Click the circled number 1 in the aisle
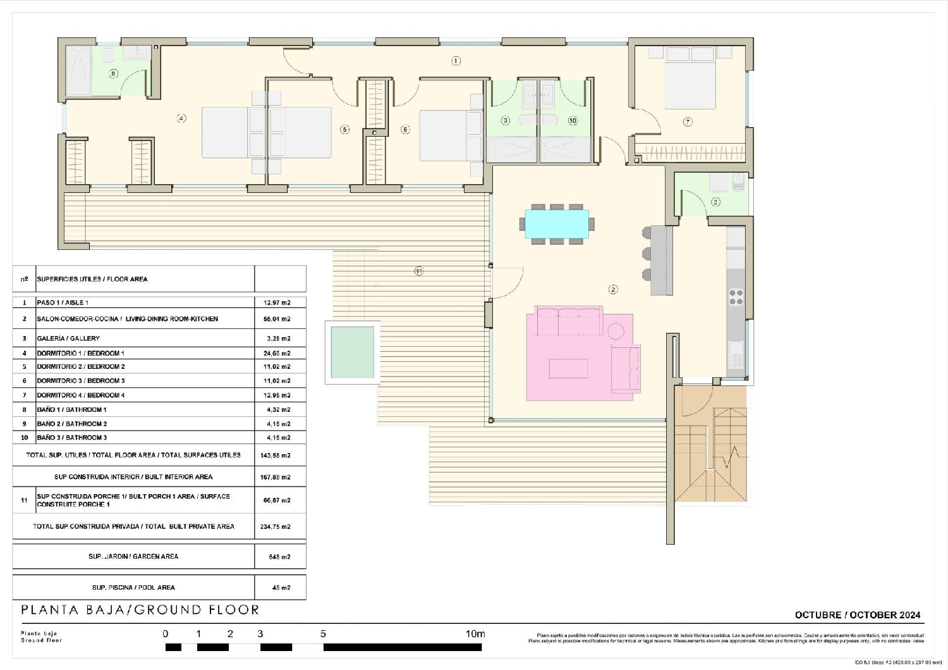(456, 61)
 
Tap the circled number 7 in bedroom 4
(688, 121)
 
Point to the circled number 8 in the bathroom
(114, 73)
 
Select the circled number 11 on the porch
(419, 271)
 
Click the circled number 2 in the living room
(613, 289)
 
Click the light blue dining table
(557, 224)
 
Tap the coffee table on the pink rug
(568, 368)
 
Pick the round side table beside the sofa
(616, 330)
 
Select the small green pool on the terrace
(353, 352)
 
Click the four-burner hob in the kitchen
(736, 297)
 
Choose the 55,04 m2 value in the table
(277, 319)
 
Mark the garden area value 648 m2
(279, 557)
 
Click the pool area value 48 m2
(281, 588)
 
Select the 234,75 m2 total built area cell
(276, 526)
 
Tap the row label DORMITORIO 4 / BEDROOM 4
(81, 395)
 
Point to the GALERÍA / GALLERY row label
(68, 338)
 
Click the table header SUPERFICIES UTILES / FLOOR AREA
(92, 279)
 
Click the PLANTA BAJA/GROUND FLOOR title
(140, 610)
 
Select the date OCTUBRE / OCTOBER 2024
(858, 615)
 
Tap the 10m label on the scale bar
(475, 634)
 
